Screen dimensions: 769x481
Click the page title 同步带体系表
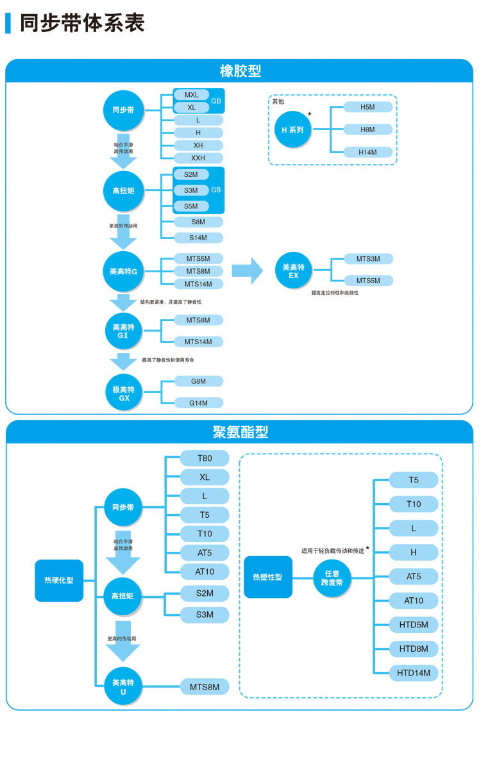(82, 23)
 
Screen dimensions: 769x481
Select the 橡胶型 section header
(240, 70)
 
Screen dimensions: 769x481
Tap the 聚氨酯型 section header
(240, 432)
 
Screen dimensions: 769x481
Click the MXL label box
(192, 95)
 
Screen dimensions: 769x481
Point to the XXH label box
(198, 158)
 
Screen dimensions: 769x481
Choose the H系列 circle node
(293, 129)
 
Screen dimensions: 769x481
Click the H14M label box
(367, 152)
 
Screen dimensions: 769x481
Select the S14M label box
(198, 238)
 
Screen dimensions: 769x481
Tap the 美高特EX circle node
(294, 271)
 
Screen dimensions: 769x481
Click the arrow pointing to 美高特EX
(247, 270)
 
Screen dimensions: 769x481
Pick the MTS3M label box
(368, 259)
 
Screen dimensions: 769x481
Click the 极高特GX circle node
(124, 393)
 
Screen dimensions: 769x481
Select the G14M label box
(198, 403)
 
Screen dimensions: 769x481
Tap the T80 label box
(205, 458)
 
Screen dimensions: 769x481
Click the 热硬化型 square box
(59, 580)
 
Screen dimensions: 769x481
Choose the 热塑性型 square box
(268, 577)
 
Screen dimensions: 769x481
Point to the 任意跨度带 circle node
(332, 578)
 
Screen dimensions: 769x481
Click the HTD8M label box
(414, 649)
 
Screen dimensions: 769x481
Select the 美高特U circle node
(123, 687)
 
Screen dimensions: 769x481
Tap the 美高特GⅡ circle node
(124, 331)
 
